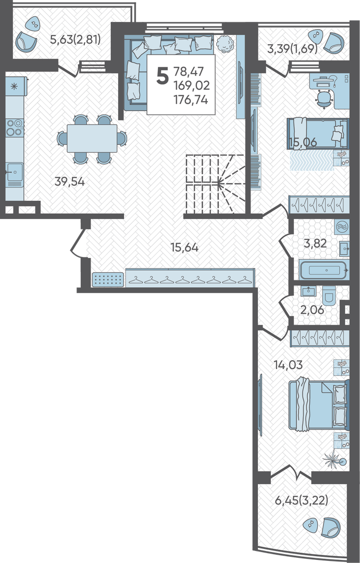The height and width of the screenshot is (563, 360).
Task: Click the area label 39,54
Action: pos(70,182)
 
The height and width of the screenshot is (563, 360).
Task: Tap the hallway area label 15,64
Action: pos(184,248)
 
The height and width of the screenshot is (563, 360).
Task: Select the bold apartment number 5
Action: pos(163,76)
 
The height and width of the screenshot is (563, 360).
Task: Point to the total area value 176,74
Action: pos(191,100)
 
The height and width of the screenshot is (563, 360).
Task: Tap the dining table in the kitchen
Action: pos(92,139)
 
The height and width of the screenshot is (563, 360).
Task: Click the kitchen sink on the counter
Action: pos(15,173)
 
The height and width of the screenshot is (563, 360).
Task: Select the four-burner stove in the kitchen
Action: pos(15,128)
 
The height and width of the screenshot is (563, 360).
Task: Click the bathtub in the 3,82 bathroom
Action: pos(324,270)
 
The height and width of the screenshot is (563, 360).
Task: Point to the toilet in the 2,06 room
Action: pos(329,295)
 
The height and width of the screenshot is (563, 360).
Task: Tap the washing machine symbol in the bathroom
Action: pos(341,227)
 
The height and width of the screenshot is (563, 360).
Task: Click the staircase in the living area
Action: pos(215,183)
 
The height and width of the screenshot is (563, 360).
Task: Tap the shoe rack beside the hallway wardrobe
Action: pos(108,280)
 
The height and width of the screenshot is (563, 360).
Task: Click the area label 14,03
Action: pos(288,365)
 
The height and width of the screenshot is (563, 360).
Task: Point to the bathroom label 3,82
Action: pos(315,243)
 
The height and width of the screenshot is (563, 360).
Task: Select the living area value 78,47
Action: pos(189,71)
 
